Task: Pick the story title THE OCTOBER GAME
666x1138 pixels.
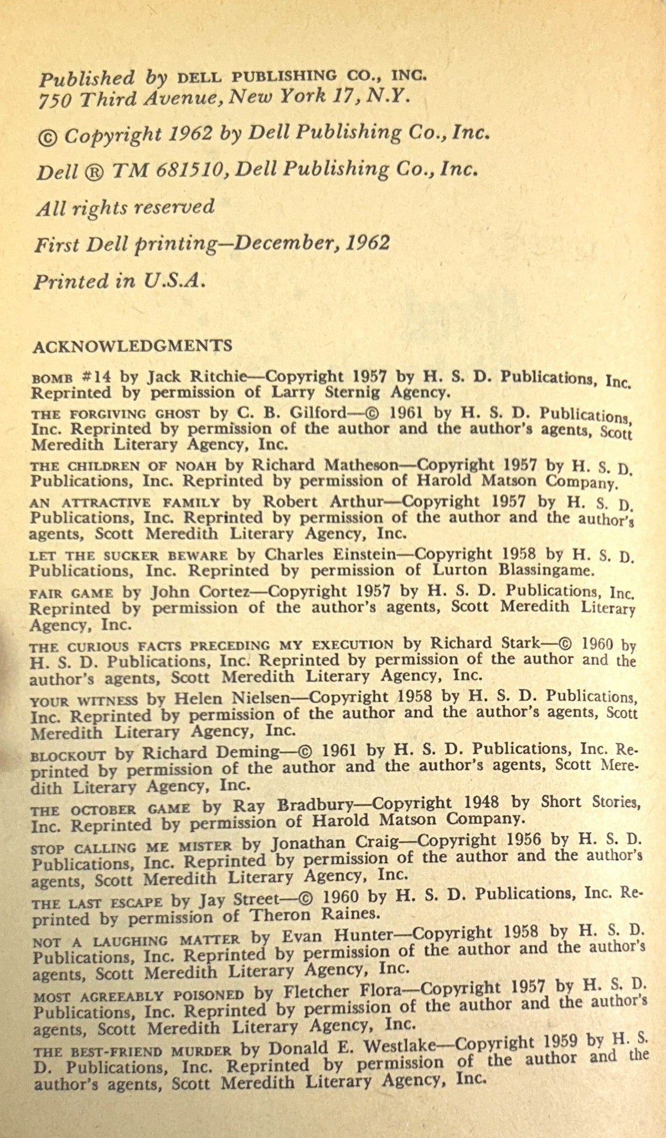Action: click(110, 809)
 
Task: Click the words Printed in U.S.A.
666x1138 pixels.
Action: click(119, 281)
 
